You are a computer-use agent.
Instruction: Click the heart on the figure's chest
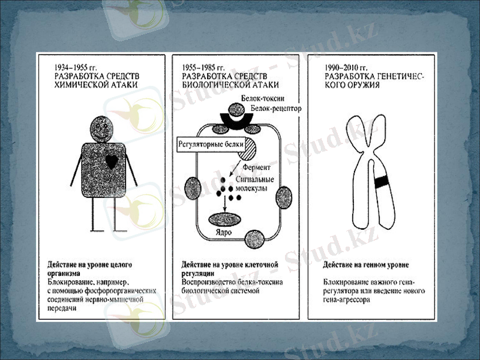(x=110, y=161)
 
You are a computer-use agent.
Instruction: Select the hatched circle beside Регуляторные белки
(x=246, y=148)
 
